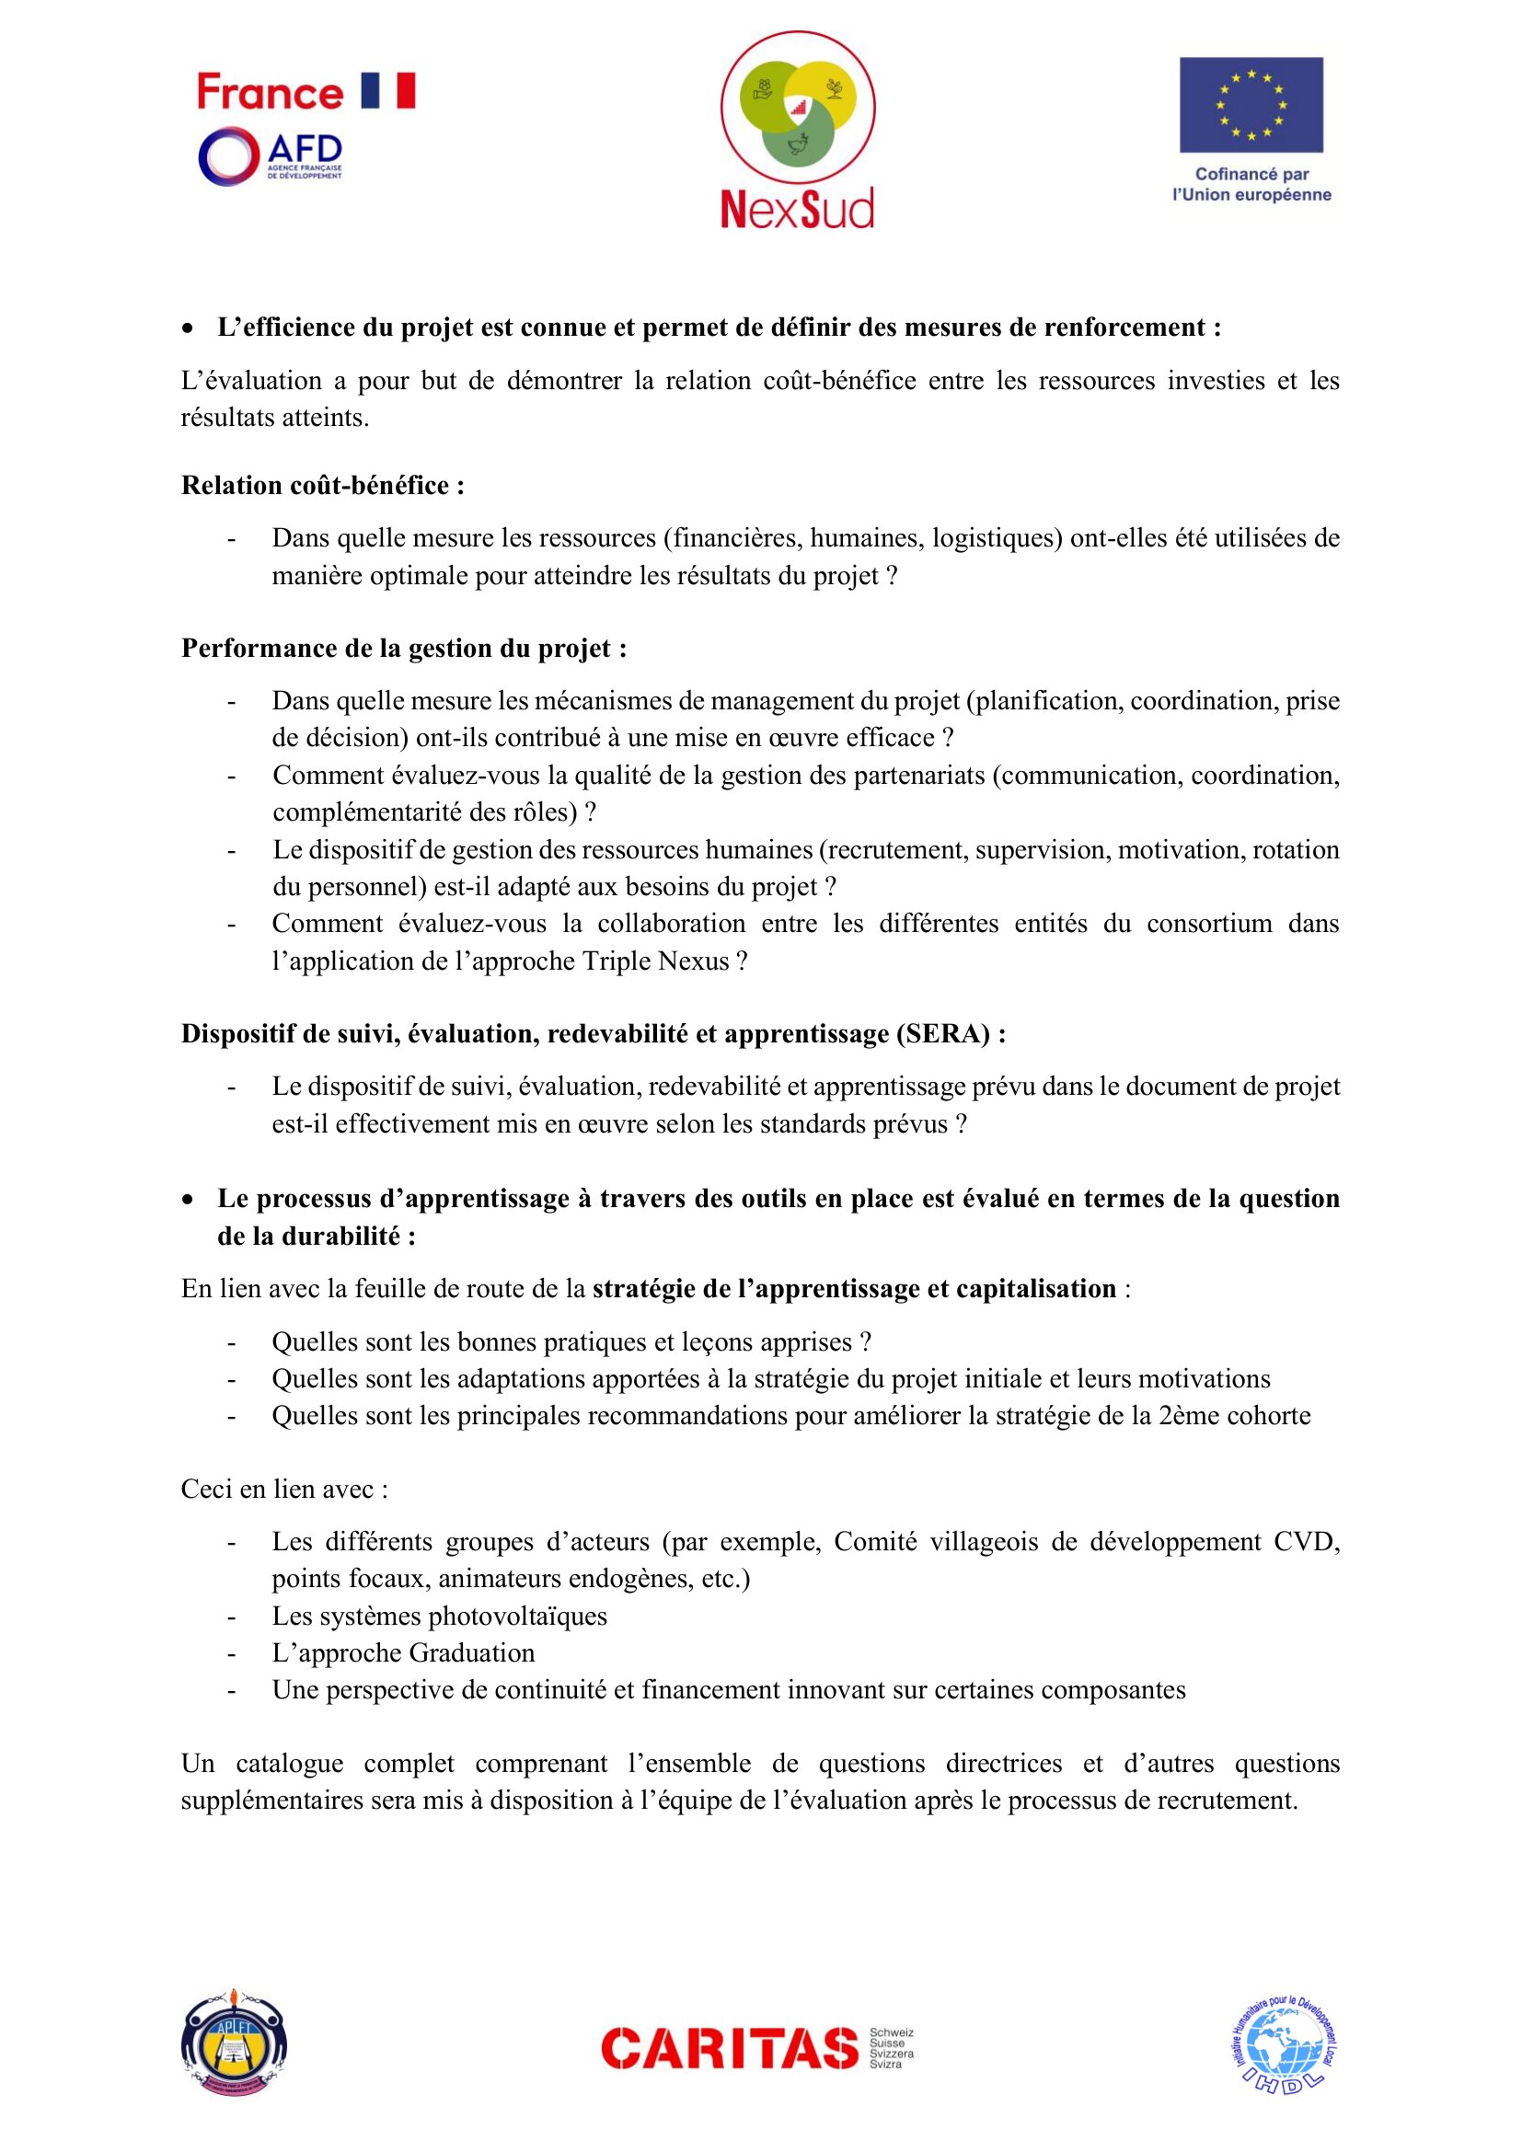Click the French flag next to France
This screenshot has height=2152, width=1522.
point(388,91)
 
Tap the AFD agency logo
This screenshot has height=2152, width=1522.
point(270,155)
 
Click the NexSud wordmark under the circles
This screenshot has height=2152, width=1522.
point(797,208)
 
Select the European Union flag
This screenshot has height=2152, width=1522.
point(1251,105)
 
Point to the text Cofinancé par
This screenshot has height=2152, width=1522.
point(1251,173)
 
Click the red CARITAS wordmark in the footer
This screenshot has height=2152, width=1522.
point(729,2048)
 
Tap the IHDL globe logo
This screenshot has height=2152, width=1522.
point(1284,2045)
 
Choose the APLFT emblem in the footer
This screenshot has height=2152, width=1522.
point(234,2043)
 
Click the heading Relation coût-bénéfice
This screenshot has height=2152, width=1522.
point(322,486)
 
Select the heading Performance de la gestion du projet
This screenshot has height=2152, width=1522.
point(404,649)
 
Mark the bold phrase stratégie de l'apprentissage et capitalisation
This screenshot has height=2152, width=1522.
point(854,1289)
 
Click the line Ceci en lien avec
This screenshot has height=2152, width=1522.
point(284,1490)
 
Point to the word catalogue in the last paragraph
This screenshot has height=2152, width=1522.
point(289,1763)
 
